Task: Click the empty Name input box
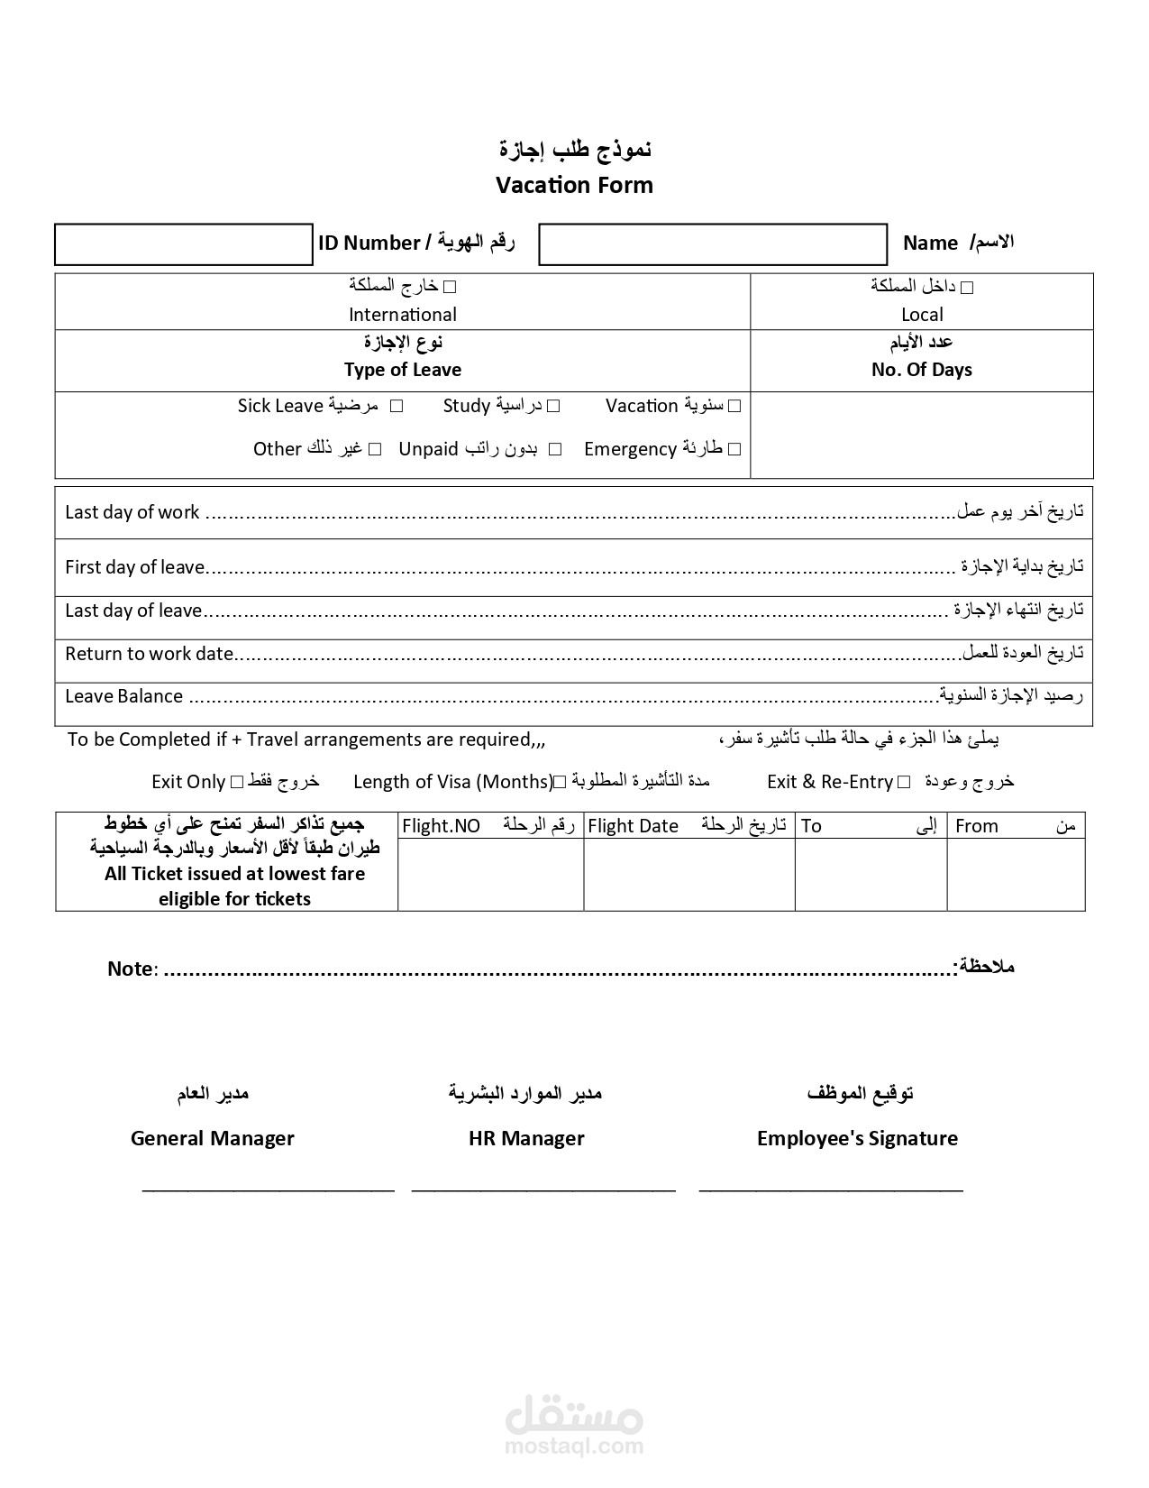coord(712,244)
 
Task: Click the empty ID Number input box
coord(183,244)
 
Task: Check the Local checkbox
coord(967,288)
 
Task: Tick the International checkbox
coord(451,288)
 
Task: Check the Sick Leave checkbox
coord(396,407)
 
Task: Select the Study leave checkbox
coord(553,407)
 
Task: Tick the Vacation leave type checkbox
coord(734,407)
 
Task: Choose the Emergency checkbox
coord(734,449)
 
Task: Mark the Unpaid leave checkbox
coord(555,449)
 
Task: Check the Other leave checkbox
coord(375,449)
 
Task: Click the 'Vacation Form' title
coord(574,185)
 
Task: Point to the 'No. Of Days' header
coord(921,370)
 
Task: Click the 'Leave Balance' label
coord(123,696)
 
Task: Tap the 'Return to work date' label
coord(149,654)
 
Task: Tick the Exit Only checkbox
coord(237,782)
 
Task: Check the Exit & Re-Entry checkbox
coord(904,782)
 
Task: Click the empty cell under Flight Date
coord(688,874)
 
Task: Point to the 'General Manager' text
coord(212,1138)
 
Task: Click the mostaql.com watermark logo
coord(574,1424)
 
